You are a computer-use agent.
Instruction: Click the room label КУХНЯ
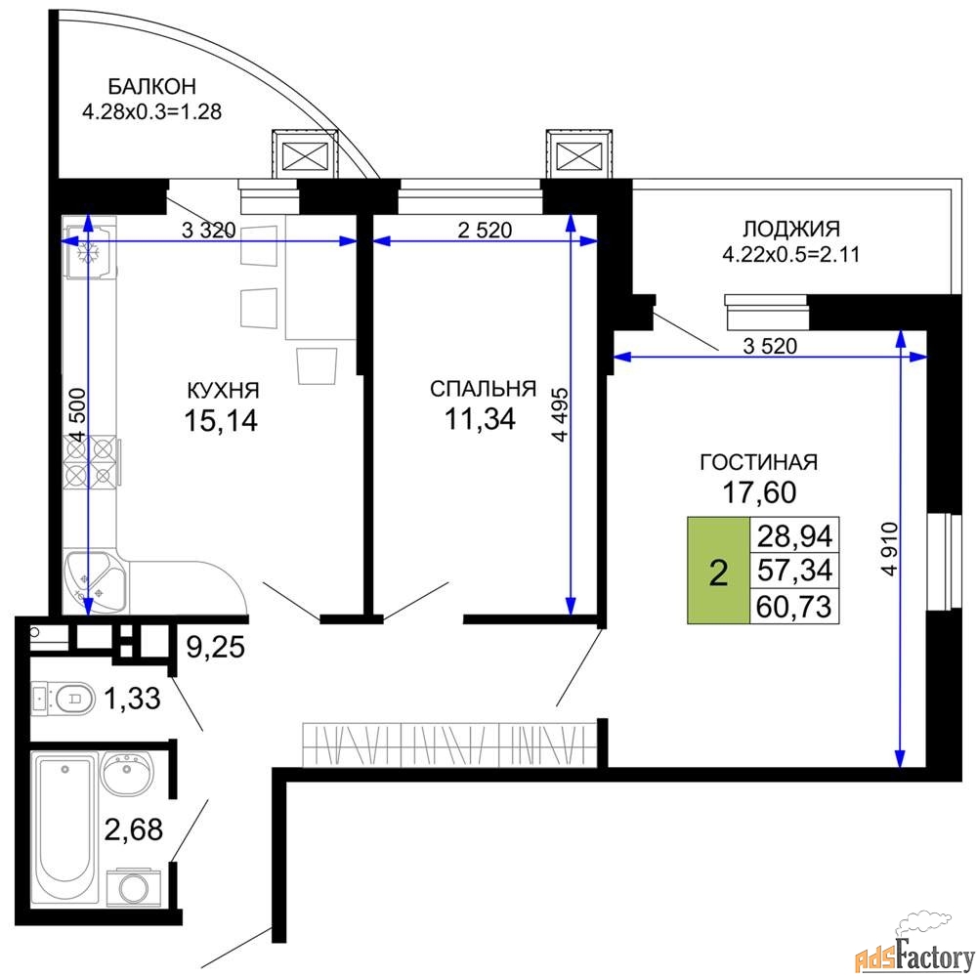(x=223, y=390)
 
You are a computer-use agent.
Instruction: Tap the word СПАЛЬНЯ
(x=483, y=388)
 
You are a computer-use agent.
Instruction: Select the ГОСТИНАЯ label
(x=759, y=462)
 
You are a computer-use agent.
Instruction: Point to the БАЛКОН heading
(x=152, y=85)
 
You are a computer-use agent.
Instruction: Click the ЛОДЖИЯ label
(x=791, y=229)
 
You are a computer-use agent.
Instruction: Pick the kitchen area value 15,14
(x=221, y=421)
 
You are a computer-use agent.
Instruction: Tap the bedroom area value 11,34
(x=480, y=419)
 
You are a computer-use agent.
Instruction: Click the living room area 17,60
(x=759, y=492)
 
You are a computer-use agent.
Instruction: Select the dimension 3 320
(x=209, y=231)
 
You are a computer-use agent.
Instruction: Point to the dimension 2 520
(x=485, y=230)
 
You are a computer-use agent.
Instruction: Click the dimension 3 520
(x=770, y=345)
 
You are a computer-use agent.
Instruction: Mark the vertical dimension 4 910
(x=889, y=548)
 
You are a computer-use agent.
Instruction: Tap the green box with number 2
(x=718, y=571)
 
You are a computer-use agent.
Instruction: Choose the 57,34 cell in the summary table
(x=795, y=571)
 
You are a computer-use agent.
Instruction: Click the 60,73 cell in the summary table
(x=795, y=606)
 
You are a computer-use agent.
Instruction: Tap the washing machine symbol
(x=133, y=888)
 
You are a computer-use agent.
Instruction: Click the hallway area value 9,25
(x=216, y=647)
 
